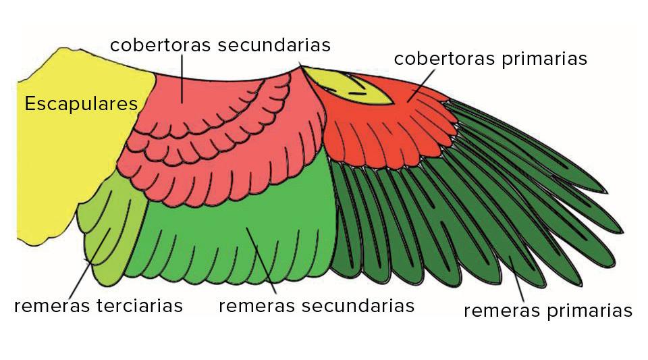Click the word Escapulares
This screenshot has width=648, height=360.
click(x=81, y=104)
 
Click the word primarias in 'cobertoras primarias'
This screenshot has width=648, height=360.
click(x=545, y=59)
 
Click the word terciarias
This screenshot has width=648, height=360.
click(x=140, y=305)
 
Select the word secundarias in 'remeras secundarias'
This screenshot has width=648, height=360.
click(x=358, y=305)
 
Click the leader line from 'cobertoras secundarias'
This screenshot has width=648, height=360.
click(x=182, y=78)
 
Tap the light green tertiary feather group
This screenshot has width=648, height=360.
click(x=108, y=230)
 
